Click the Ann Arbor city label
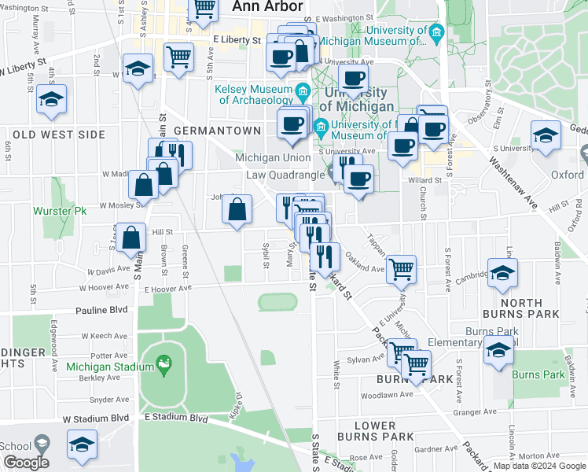coord(268,6)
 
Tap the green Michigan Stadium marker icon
coord(164,363)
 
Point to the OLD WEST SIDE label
coord(59,135)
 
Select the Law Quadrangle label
coord(281,175)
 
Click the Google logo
coord(27,463)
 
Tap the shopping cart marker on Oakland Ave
coord(402,269)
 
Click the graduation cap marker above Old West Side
coord(52,100)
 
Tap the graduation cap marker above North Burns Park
coord(503,272)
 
